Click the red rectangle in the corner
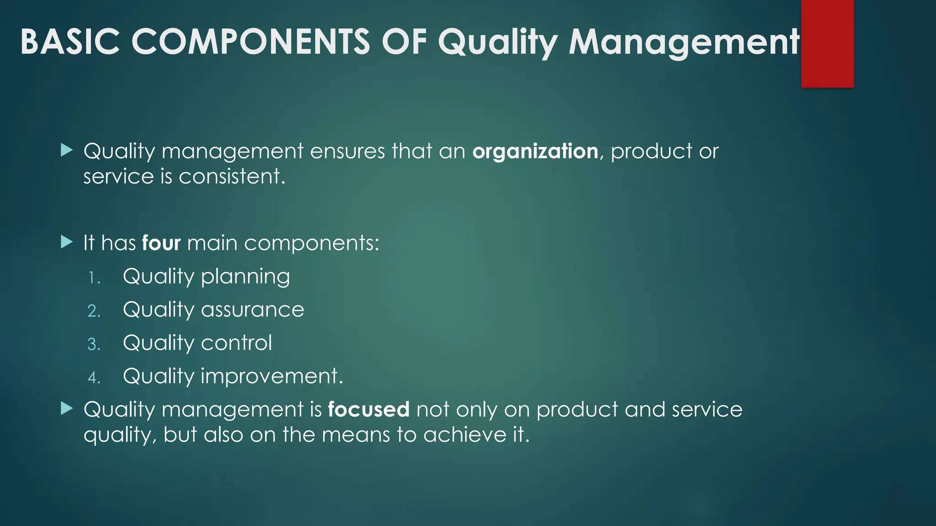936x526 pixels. (827, 43)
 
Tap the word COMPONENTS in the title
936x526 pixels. (250, 42)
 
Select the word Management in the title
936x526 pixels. (684, 42)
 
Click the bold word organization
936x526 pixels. (535, 152)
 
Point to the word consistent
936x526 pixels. (232, 177)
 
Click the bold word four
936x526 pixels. (161, 243)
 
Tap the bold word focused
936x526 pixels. (368, 410)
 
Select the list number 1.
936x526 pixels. (94, 278)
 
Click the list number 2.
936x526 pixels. (94, 311)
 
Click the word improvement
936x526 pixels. (271, 377)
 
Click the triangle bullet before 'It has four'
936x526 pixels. (67, 242)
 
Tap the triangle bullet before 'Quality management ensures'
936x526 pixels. (67, 150)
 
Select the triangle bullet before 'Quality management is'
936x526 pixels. (67, 408)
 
